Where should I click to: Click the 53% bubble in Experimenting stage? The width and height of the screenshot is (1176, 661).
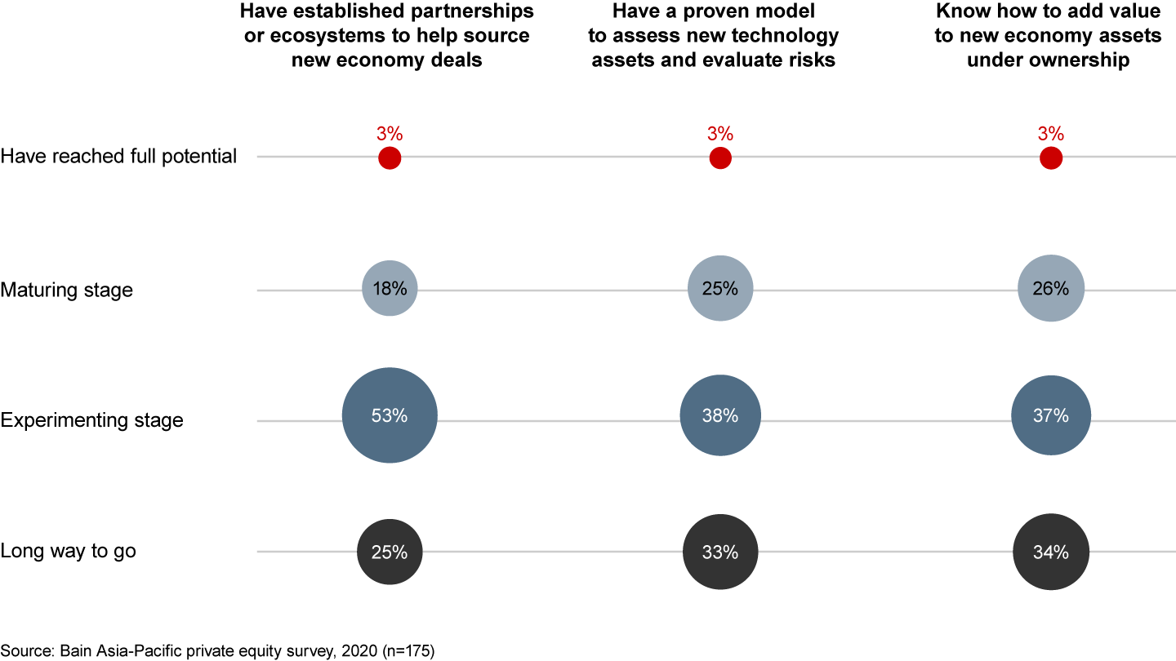tap(390, 416)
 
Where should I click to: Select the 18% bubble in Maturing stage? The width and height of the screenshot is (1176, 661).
tap(390, 288)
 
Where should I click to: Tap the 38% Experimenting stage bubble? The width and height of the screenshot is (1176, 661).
tap(719, 416)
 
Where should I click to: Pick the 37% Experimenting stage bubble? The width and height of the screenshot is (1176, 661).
tap(1050, 416)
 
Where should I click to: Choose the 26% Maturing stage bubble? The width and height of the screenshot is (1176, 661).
tap(1050, 288)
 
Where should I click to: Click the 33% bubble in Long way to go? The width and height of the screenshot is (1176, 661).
tap(719, 552)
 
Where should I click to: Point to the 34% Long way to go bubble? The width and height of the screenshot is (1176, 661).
tap(1050, 552)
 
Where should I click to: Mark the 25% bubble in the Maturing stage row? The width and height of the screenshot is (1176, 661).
tap(719, 288)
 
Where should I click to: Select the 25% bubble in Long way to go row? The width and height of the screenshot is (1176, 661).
tap(390, 552)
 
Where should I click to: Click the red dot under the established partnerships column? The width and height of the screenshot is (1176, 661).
tap(390, 158)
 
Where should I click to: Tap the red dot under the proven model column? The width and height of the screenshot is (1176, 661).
tap(719, 158)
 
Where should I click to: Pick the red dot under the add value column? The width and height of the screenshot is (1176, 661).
tap(1050, 158)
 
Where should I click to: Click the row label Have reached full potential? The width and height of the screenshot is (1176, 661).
tap(118, 156)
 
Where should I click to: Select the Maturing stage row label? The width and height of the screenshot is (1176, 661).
tap(66, 290)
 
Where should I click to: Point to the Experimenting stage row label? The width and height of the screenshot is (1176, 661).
tap(91, 421)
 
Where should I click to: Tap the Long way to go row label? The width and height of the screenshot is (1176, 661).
tap(68, 551)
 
